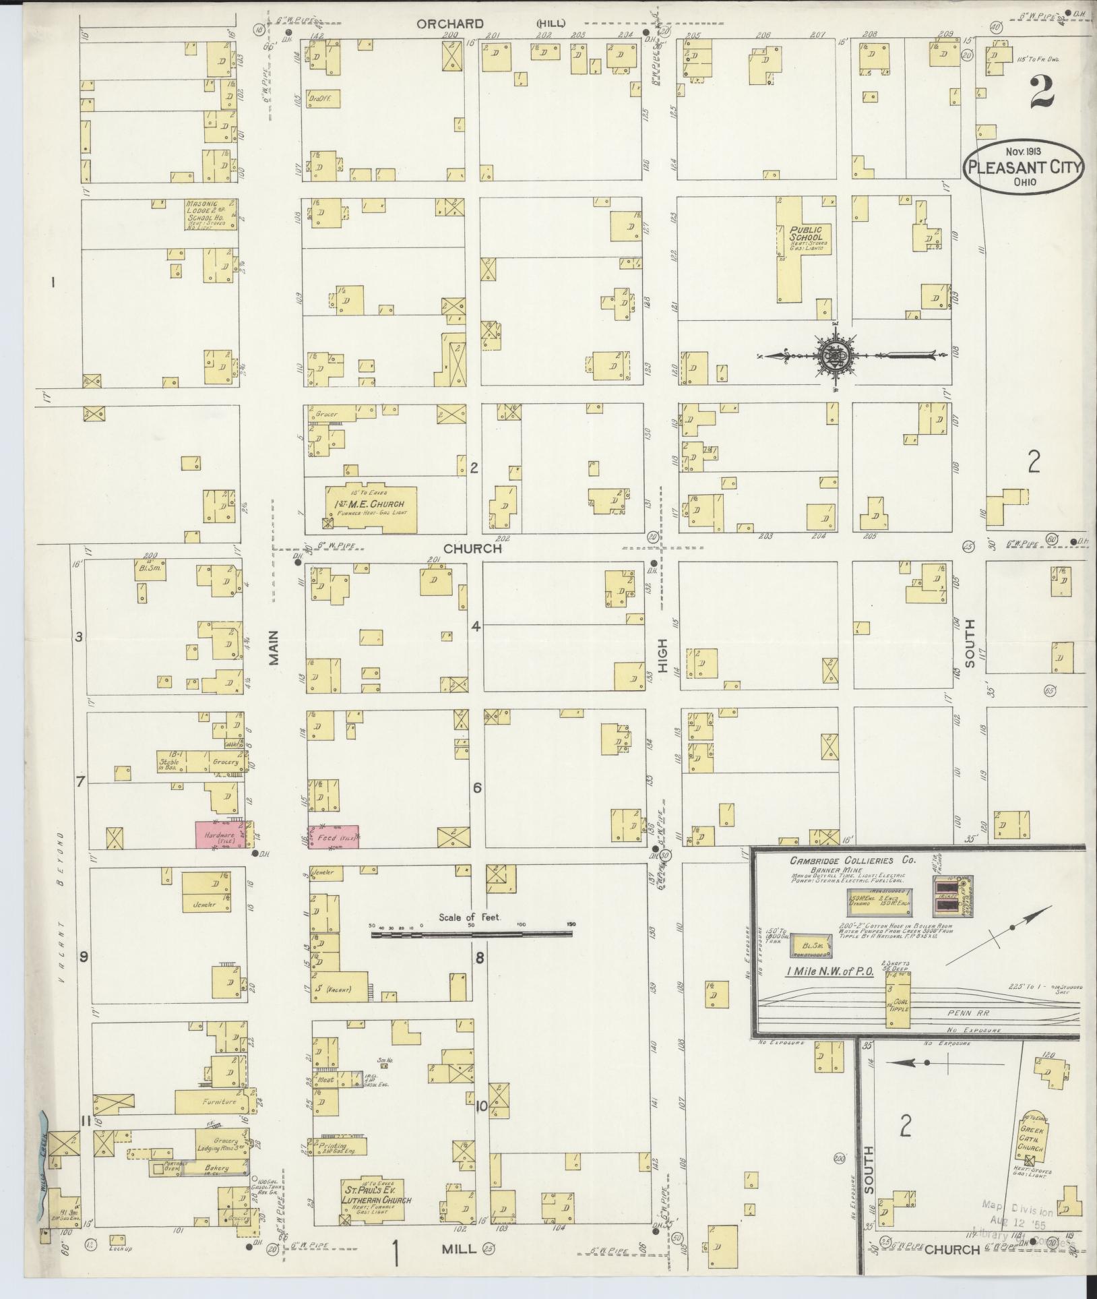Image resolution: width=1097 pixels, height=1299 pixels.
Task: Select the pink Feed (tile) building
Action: point(334,837)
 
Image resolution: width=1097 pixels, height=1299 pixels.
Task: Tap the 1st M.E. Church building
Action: point(371,509)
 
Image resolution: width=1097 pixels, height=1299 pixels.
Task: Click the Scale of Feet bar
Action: point(472,934)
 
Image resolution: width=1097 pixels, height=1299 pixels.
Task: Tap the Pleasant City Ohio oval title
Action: point(1023,166)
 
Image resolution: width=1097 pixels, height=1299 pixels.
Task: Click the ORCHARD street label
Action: point(449,24)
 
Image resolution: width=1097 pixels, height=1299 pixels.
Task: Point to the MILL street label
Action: point(459,1249)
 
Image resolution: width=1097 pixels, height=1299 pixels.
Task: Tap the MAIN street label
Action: point(274,652)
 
